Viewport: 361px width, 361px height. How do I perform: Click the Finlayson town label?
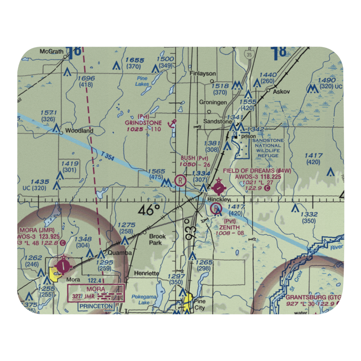click(203, 73)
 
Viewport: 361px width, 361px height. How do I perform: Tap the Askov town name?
click(282, 92)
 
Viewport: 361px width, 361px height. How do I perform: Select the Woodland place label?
click(79, 131)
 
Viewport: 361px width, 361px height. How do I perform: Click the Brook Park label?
click(158, 239)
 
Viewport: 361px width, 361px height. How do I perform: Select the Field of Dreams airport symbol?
click(219, 187)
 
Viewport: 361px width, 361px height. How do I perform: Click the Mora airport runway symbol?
click(64, 266)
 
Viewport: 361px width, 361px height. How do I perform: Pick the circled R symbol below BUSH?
click(180, 180)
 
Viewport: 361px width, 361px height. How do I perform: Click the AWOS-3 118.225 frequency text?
click(258, 177)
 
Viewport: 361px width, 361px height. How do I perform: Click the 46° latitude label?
click(149, 210)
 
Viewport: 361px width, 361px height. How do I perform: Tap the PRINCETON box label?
click(97, 306)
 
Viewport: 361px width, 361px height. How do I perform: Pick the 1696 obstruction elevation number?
click(86, 78)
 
